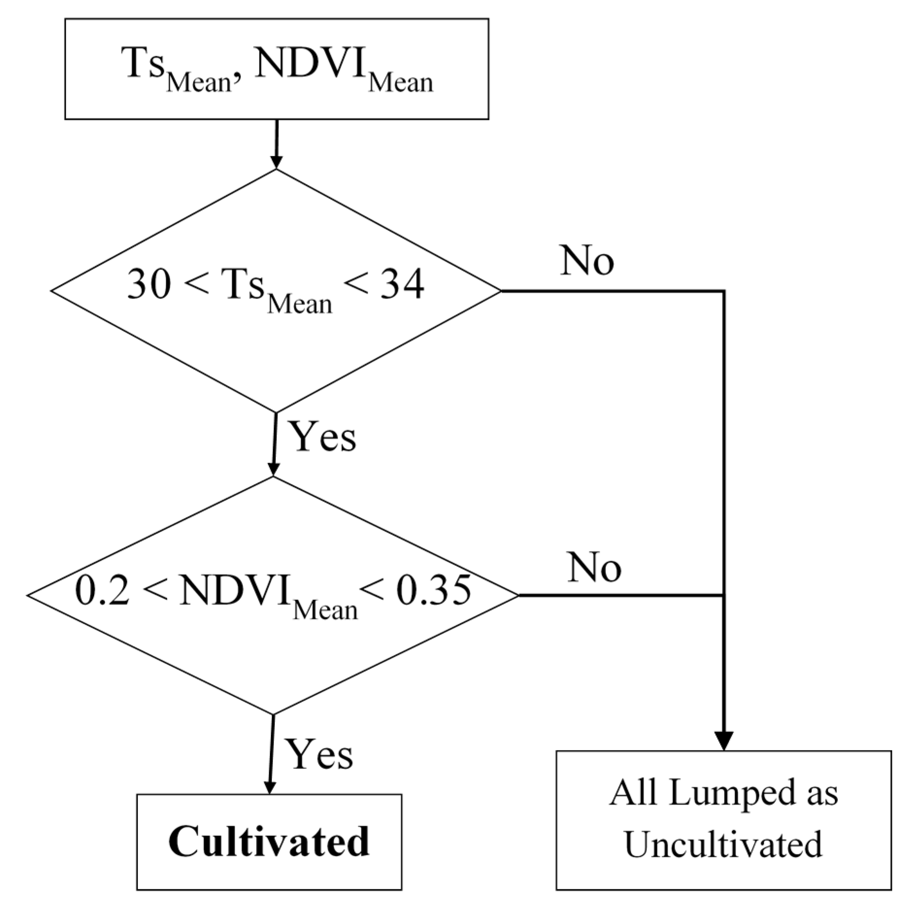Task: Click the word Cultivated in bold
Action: coord(269,841)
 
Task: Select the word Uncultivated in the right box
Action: coord(723,844)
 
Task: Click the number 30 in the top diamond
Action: coord(148,284)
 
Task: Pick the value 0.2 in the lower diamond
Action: coord(102,591)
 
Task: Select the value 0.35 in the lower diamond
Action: coord(433,591)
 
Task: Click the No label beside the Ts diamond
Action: coord(587,261)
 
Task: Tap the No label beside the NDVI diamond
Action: coord(595,567)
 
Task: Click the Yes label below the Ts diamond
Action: coord(323,437)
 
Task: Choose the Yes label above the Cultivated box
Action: coord(319,755)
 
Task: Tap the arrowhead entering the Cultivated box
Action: coord(270,787)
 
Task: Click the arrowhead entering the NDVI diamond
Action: coord(274,470)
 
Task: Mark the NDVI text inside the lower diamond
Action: coord(235,591)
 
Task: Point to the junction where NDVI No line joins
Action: coord(724,595)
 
